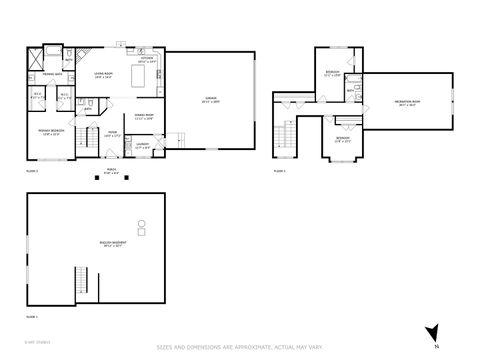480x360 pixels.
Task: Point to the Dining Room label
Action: [143, 117]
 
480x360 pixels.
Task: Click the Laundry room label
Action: [142, 146]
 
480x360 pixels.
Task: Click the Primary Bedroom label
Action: [51, 132]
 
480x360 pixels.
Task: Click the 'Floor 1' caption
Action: [32, 317]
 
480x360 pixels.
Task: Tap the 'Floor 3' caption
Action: [280, 172]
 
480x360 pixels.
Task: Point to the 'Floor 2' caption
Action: [31, 172]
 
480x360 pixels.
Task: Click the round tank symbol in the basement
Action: [141, 224]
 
